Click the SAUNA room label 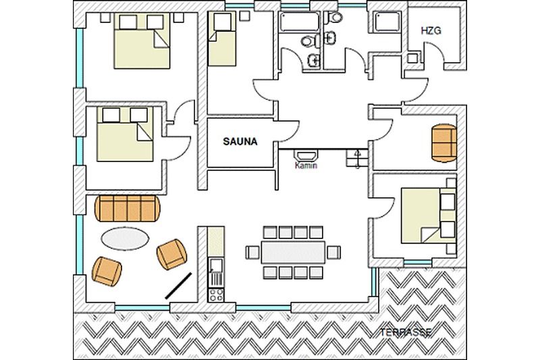[x=240, y=142]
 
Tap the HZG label [x=431, y=31]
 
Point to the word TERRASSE [x=406, y=332]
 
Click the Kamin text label [x=306, y=165]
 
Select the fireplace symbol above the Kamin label [x=306, y=155]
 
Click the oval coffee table [x=125, y=238]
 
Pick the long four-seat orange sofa [x=128, y=208]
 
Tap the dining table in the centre [x=293, y=253]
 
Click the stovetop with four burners [x=216, y=295]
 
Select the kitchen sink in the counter [x=216, y=265]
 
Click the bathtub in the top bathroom [x=300, y=22]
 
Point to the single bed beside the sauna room [x=222, y=39]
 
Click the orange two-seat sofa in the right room [x=444, y=143]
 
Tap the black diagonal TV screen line [x=178, y=286]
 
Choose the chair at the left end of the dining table [x=252, y=253]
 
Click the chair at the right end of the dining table [x=333, y=253]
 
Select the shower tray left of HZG [x=387, y=22]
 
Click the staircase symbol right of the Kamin [x=357, y=159]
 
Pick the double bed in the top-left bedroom [x=142, y=41]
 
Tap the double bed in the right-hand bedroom [x=429, y=215]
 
